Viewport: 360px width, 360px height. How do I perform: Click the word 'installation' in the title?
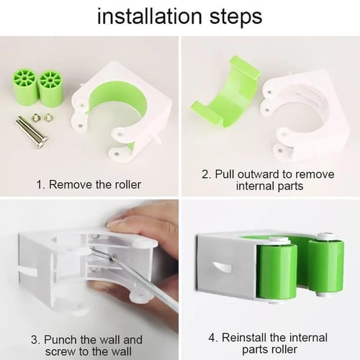click(x=150, y=17)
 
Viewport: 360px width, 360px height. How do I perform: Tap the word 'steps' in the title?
click(x=236, y=18)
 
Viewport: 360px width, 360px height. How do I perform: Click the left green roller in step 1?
click(x=24, y=86)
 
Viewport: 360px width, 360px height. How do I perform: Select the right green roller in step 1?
click(x=50, y=86)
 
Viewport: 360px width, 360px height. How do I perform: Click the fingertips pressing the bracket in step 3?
click(x=117, y=225)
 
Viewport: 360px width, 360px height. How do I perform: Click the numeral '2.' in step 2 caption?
click(x=206, y=174)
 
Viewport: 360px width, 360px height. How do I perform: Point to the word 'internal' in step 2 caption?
click(x=255, y=186)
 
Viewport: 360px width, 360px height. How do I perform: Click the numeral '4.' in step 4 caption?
click(x=213, y=338)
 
